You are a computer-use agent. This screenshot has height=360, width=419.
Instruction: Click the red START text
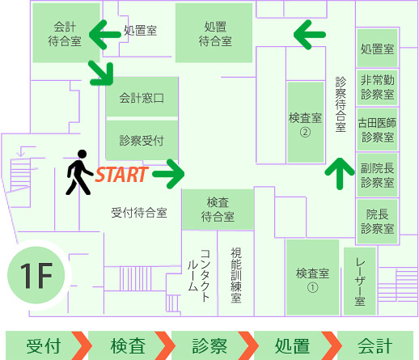click(x=121, y=175)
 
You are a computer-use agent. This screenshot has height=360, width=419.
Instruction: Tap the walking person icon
click(x=79, y=172)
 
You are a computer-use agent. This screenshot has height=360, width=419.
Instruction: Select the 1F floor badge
click(x=36, y=275)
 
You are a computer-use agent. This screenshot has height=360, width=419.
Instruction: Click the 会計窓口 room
click(x=142, y=97)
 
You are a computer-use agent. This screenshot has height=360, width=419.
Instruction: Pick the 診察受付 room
click(x=142, y=140)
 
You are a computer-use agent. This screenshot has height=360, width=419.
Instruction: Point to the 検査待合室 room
click(x=218, y=210)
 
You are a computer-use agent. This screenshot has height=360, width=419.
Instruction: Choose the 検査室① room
click(x=312, y=277)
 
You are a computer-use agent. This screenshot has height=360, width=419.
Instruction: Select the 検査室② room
click(x=306, y=122)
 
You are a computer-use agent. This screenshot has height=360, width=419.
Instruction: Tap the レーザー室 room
click(x=360, y=282)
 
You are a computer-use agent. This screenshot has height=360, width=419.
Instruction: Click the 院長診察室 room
click(x=377, y=222)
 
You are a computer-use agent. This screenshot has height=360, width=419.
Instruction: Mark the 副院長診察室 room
click(x=377, y=175)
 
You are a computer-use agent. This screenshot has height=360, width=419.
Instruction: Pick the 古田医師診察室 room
click(x=377, y=129)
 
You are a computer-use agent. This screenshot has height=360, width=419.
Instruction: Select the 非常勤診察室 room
click(x=377, y=87)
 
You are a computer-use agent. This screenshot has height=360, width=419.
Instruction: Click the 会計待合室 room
click(x=66, y=33)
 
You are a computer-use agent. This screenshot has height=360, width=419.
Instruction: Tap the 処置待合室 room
click(x=214, y=33)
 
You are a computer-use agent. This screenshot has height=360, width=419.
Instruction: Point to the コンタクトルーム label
click(x=199, y=275)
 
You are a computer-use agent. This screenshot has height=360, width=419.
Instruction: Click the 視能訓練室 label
click(x=236, y=275)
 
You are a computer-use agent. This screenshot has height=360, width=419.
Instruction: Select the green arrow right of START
click(x=168, y=174)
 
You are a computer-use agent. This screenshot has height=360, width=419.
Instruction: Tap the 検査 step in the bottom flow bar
click(x=128, y=346)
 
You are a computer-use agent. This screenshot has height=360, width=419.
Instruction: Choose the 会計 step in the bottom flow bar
click(x=375, y=346)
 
